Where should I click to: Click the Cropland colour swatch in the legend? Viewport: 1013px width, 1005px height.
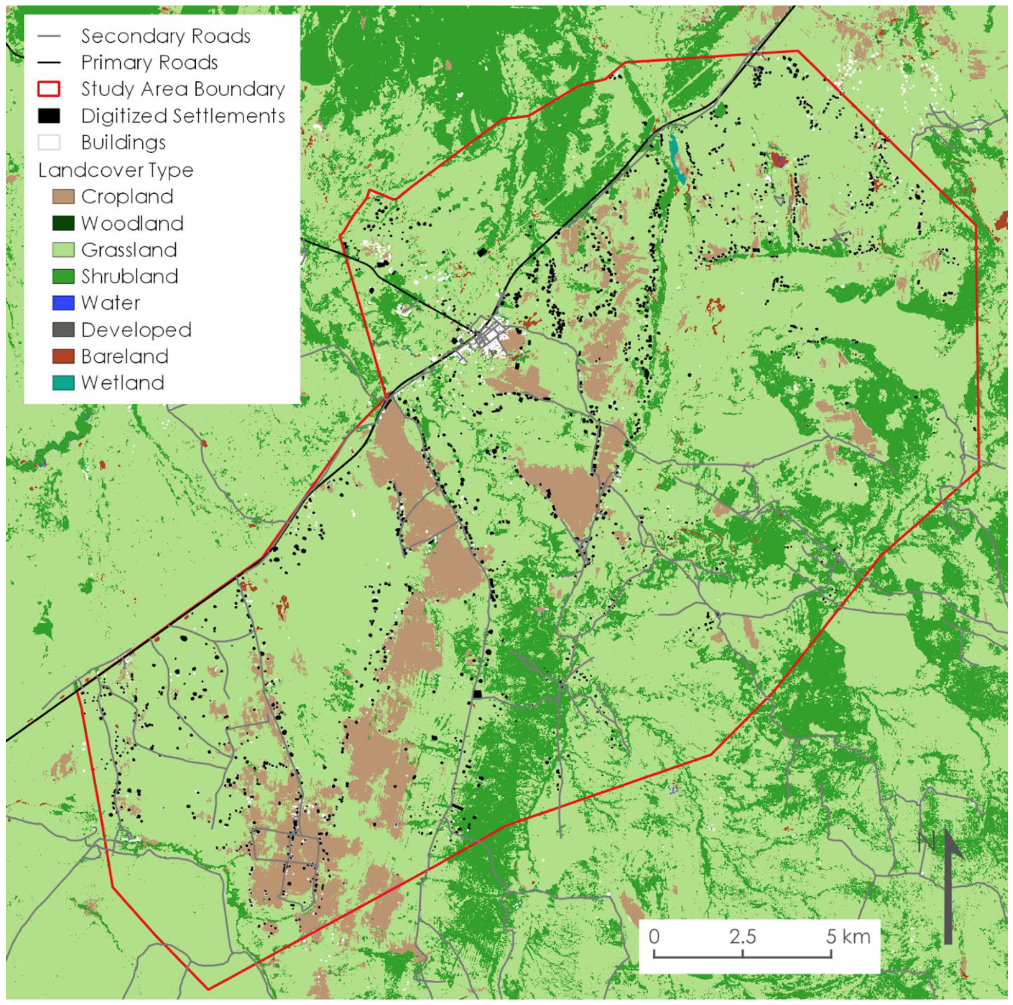[63, 196]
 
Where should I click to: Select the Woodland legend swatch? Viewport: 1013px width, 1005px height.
[63, 223]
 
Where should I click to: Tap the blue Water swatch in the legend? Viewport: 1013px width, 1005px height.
[63, 303]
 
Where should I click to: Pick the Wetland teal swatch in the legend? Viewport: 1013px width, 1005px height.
[63, 383]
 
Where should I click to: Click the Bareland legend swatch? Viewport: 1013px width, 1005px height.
[63, 356]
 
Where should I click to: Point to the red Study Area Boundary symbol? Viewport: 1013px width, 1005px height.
[49, 89]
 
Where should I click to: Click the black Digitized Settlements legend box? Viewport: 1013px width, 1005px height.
[49, 116]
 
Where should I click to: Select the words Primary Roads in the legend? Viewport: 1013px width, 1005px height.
[149, 63]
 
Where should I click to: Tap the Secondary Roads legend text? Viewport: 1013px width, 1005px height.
[166, 36]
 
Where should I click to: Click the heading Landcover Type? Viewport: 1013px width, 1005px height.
[116, 170]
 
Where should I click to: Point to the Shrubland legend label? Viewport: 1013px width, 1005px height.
[130, 276]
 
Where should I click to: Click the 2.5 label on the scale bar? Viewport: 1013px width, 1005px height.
[743, 936]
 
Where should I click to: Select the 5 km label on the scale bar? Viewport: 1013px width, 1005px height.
[848, 936]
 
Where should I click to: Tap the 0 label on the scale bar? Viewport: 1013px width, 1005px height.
[654, 936]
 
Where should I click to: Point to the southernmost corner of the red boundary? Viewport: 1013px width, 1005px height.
[209, 989]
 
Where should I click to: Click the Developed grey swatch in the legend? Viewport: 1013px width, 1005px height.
[63, 330]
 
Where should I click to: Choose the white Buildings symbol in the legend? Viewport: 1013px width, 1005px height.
[49, 142]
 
